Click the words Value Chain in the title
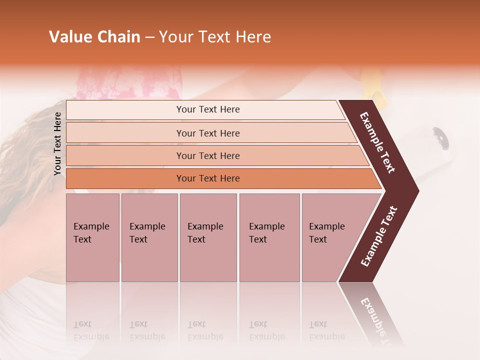tap(94, 37)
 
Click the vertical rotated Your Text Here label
tap(57, 143)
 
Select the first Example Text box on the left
tap(92, 237)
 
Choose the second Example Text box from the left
tap(149, 237)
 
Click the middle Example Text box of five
tap(208, 237)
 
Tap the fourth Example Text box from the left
tap(269, 237)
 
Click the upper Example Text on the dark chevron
tap(377, 142)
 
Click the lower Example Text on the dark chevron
tap(379, 236)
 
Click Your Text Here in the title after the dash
tap(215, 37)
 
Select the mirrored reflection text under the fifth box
tap(326, 330)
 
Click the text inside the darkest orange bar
tap(208, 178)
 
